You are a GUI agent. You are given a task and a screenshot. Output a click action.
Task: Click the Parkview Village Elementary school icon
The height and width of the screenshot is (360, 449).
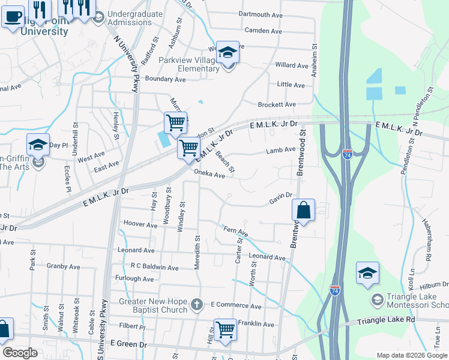tap(228, 53)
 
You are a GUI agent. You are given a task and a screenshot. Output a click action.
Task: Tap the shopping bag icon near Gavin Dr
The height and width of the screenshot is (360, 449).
tap(304, 211)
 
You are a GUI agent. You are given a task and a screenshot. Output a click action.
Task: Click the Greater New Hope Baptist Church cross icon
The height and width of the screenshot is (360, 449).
tap(196, 305)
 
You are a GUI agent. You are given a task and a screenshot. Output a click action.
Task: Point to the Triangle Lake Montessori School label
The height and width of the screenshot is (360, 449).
tap(410, 300)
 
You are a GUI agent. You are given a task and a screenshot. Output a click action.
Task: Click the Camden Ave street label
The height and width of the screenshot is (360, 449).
tap(263, 31)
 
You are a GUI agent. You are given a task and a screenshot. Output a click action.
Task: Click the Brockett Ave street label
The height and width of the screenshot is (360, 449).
tap(277, 104)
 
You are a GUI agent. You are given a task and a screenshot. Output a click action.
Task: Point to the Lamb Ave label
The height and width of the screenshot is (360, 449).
tap(281, 150)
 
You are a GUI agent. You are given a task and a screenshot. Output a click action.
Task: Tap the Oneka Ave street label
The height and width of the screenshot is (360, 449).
tap(209, 175)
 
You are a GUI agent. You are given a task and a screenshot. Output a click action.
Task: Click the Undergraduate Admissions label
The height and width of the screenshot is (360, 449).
tap(135, 18)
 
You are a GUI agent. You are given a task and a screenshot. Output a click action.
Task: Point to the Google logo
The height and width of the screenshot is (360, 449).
tap(20, 353)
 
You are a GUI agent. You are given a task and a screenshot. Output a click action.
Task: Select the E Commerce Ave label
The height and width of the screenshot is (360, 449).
tap(236, 306)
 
